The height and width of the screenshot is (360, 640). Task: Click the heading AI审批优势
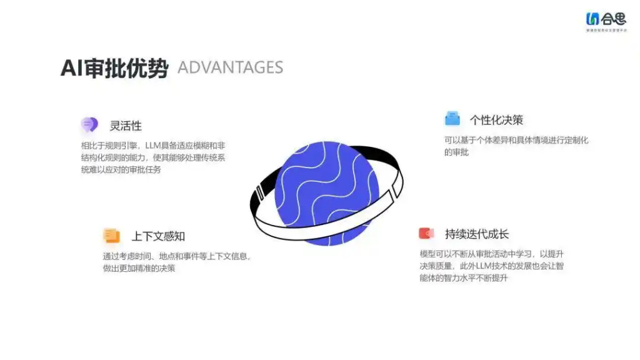[114, 68]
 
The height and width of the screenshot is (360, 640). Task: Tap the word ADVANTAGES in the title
[230, 67]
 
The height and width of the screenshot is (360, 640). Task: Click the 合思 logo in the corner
[606, 20]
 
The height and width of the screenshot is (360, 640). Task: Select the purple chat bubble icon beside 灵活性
[89, 125]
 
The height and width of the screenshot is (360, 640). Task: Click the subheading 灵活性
[126, 126]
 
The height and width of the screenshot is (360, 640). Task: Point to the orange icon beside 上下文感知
[111, 236]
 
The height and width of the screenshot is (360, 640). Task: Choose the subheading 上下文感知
[157, 236]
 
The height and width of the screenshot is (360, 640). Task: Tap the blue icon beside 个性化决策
[452, 119]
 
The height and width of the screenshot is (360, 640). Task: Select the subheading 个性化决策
[496, 120]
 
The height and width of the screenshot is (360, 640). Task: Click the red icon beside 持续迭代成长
[426, 234]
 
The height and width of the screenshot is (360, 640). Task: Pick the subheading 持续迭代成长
[477, 234]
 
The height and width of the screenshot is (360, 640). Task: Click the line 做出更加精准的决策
[139, 268]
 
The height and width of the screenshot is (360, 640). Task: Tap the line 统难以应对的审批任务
[121, 169]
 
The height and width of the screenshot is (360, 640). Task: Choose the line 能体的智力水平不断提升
[463, 277]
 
